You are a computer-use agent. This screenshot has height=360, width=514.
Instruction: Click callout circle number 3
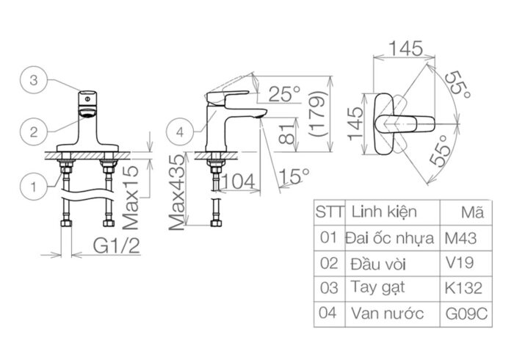pyautogui.click(x=34, y=81)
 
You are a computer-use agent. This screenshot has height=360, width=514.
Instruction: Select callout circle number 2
pyautogui.click(x=34, y=132)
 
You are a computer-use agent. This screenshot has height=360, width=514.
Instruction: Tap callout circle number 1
pyautogui.click(x=34, y=187)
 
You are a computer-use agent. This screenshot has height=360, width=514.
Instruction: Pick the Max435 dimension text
pyautogui.click(x=176, y=192)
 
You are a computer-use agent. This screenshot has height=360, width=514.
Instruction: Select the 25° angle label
pyautogui.click(x=284, y=93)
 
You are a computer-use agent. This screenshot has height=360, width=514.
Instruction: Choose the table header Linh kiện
pyautogui.click(x=384, y=212)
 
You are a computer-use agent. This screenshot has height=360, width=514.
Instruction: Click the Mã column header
pyautogui.click(x=472, y=213)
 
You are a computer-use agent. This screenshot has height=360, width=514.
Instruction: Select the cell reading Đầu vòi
pyautogui.click(x=380, y=263)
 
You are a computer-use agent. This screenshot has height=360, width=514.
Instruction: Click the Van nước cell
pyautogui.click(x=387, y=314)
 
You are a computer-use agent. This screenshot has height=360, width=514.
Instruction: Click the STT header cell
pyautogui.click(x=330, y=212)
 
